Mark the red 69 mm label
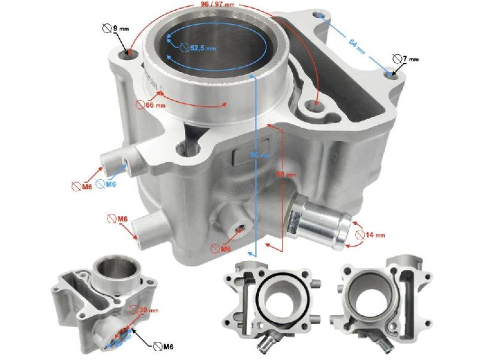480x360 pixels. click(x=286, y=174)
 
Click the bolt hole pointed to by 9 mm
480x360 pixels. click(x=131, y=53)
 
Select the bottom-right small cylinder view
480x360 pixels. click(x=384, y=300)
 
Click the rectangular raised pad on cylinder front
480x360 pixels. click(x=247, y=155)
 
